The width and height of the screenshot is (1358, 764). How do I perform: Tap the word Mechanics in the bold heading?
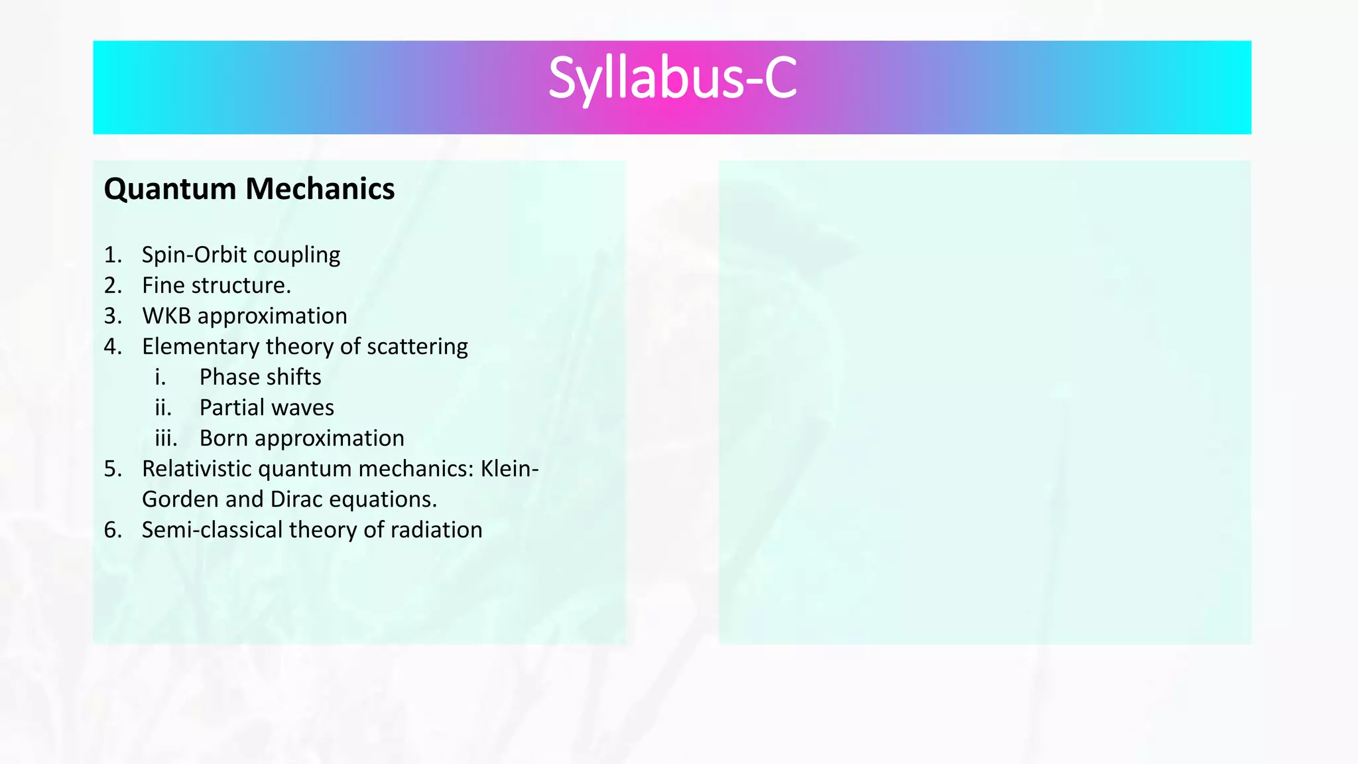click(320, 189)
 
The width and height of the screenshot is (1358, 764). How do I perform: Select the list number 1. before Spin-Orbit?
click(113, 255)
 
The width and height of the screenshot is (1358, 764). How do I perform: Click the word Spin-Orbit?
click(194, 255)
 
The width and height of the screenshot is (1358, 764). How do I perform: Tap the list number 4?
click(113, 346)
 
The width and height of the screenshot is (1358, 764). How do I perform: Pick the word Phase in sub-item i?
click(228, 377)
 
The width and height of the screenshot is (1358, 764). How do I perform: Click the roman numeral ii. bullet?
click(163, 408)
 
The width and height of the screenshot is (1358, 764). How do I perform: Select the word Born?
click(223, 438)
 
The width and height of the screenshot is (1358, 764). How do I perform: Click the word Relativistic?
click(196, 469)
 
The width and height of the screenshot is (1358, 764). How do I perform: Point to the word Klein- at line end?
click(509, 469)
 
